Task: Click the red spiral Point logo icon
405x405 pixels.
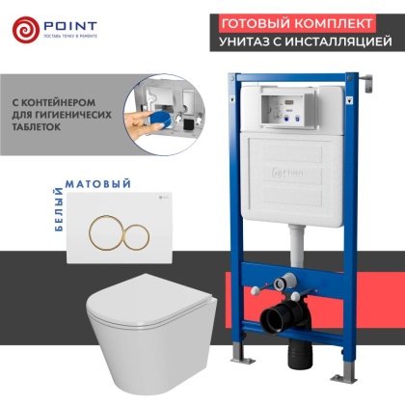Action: pos(27,29)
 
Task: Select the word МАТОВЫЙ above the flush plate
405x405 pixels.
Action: pos(85,180)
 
